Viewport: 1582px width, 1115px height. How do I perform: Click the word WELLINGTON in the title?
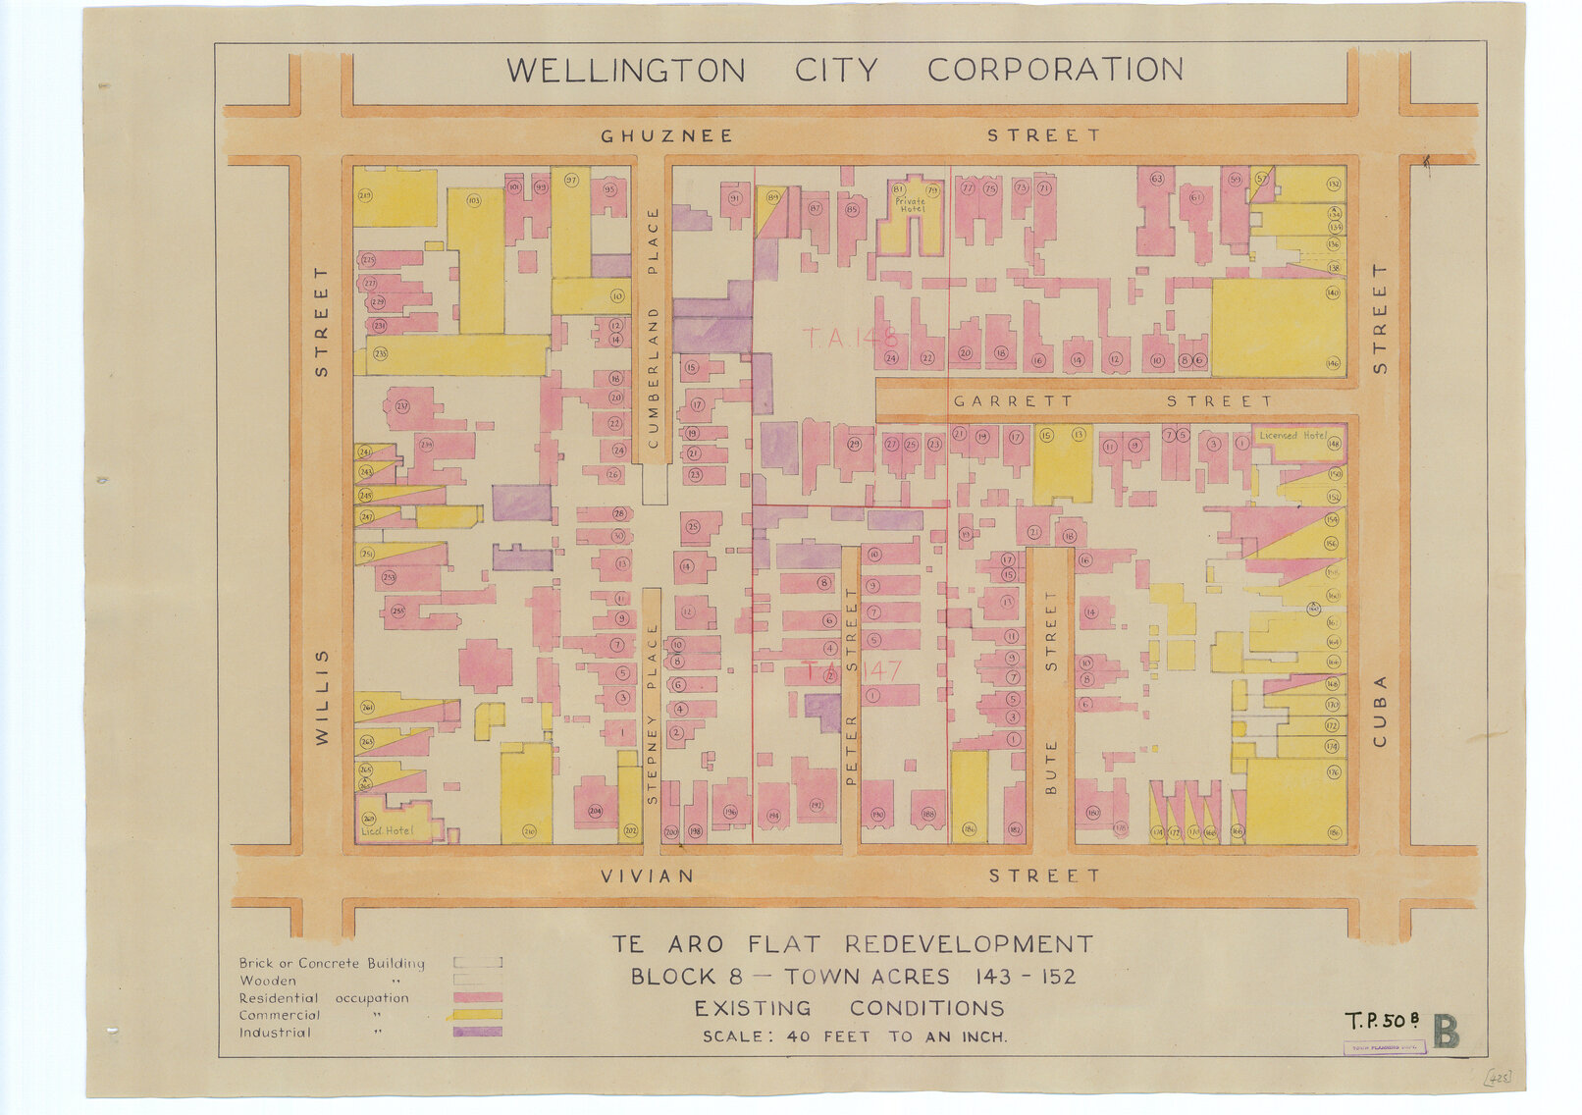[x=625, y=71]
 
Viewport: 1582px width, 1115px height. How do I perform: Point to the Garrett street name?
[x=1012, y=401]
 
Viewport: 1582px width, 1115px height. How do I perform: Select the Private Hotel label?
[x=910, y=204]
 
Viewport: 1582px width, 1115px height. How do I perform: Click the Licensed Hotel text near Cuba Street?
[x=1292, y=435]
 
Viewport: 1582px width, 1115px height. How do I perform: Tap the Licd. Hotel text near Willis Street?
[x=388, y=831]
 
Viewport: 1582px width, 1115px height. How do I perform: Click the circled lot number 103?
[x=474, y=200]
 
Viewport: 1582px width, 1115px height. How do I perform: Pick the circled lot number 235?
[x=380, y=353]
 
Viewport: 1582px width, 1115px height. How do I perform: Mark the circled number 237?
[x=402, y=406]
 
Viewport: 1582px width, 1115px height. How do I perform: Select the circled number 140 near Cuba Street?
[x=1332, y=292]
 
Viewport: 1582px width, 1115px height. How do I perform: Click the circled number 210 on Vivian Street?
[x=530, y=832]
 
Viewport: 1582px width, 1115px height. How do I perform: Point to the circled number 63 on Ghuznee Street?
[x=1156, y=179]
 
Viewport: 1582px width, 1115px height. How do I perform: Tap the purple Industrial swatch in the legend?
[x=477, y=1032]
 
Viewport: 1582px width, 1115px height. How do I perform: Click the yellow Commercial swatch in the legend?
[x=477, y=1015]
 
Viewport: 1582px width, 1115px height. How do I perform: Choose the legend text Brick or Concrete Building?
[x=332, y=963]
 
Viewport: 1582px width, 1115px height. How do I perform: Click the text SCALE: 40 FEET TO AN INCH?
[x=854, y=1036]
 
